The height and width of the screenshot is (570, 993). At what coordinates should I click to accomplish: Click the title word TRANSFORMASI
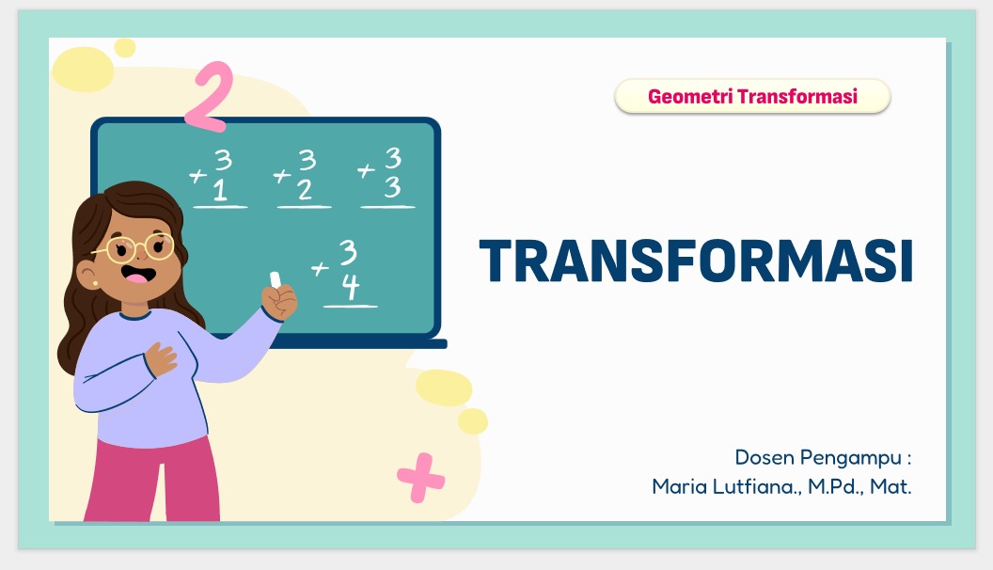(x=696, y=261)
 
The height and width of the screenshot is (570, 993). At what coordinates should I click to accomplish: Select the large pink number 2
(x=210, y=96)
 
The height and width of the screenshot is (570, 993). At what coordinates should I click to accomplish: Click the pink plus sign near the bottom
(x=421, y=478)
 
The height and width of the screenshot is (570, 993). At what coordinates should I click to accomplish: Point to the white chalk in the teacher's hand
(x=276, y=279)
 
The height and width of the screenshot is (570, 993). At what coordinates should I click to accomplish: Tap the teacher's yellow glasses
(x=139, y=247)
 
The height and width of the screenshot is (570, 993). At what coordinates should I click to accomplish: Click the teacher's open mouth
(x=138, y=275)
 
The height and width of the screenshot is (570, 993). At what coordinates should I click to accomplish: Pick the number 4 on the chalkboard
(x=351, y=286)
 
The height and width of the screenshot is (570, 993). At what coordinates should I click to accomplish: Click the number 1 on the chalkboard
(x=220, y=189)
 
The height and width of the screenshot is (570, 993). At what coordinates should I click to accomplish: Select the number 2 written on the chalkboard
(x=306, y=189)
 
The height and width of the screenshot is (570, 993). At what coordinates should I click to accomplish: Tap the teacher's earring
(x=96, y=283)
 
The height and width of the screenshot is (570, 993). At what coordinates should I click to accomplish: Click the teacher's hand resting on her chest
(x=161, y=358)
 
